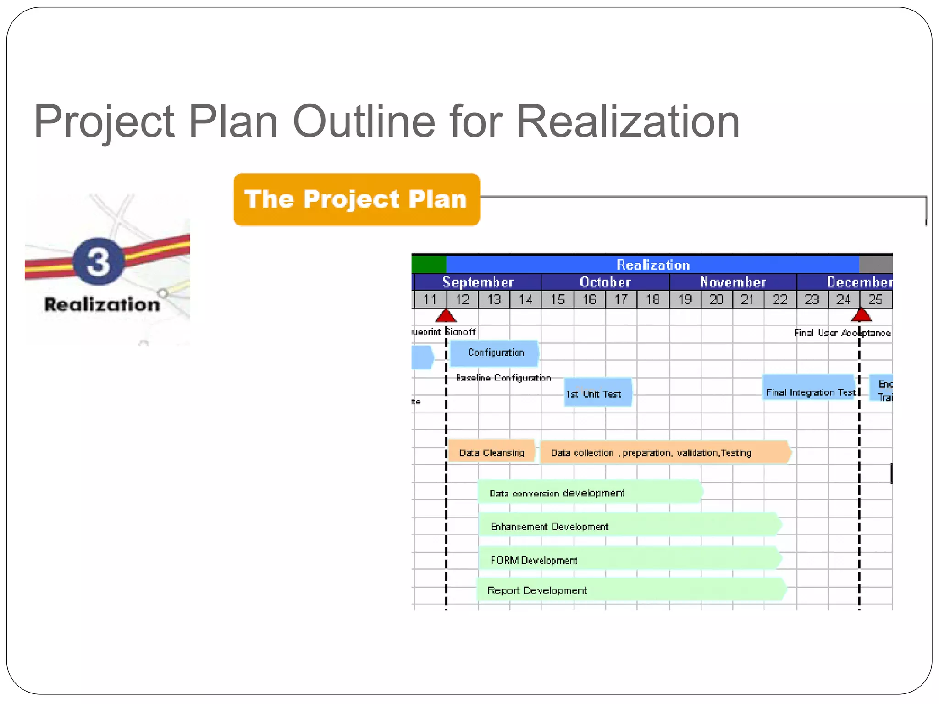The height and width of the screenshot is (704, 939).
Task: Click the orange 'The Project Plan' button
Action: coord(356,199)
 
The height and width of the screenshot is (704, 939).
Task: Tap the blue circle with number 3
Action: coord(98,261)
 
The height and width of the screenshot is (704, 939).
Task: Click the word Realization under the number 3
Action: coord(102,304)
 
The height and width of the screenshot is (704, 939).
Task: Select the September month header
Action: coord(477,282)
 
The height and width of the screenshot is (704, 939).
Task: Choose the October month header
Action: coord(605,282)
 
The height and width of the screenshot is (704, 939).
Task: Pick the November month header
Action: coord(733,282)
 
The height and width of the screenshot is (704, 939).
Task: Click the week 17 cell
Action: coord(621,299)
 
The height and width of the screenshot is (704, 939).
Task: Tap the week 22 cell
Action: coord(780,299)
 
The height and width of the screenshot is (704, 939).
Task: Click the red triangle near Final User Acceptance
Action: coord(861,315)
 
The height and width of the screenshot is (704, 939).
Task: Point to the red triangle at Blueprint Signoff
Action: coord(446,316)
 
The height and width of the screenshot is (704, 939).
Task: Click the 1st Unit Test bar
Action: coord(598,393)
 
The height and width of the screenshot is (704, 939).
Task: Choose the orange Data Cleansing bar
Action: coord(491,452)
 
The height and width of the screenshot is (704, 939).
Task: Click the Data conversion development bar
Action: coord(589,492)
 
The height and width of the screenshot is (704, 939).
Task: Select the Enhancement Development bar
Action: coord(628,525)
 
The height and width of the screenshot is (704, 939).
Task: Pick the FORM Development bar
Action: coord(628,559)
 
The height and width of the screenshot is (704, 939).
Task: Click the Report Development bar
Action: coord(630,590)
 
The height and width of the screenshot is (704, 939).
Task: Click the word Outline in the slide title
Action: coord(364,122)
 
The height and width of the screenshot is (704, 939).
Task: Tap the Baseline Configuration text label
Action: coord(503,378)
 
